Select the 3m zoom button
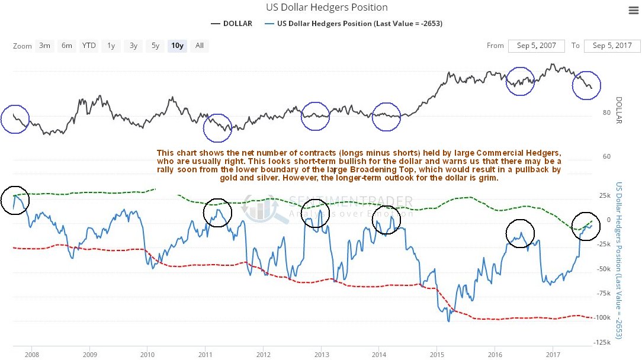pyautogui.click(x=44, y=46)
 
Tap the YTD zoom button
pyautogui.click(x=89, y=46)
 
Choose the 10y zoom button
pyautogui.click(x=176, y=46)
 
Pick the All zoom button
pyautogui.click(x=200, y=46)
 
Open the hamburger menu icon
pyautogui.click(x=632, y=10)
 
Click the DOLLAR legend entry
pyautogui.click(x=232, y=24)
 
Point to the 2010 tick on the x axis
pyautogui.click(x=147, y=355)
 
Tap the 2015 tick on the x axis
pyautogui.click(x=437, y=355)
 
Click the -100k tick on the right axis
pyautogui.click(x=603, y=317)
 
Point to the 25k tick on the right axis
pyautogui.click(x=604, y=195)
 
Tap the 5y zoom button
pyautogui.click(x=155, y=46)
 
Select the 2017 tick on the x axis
pyautogui.click(x=553, y=355)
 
